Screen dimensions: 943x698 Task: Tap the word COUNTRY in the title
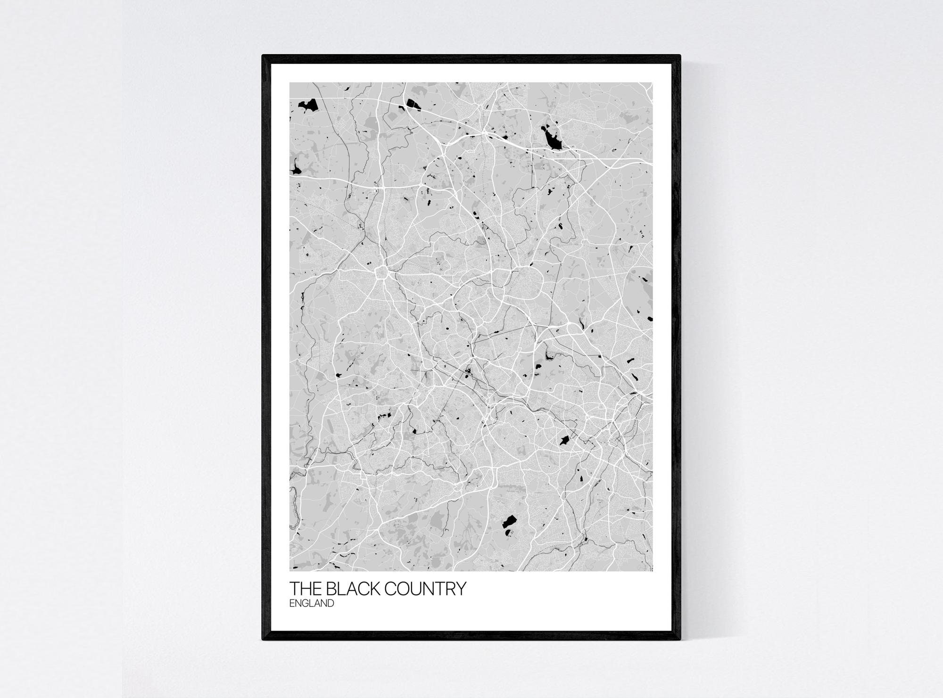(x=426, y=589)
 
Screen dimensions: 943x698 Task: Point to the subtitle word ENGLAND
(x=312, y=603)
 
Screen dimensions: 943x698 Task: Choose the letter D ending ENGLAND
(x=331, y=603)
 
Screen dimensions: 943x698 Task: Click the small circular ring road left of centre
(x=381, y=272)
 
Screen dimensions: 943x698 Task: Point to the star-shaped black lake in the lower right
(x=563, y=441)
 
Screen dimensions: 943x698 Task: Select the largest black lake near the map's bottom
(x=509, y=521)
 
